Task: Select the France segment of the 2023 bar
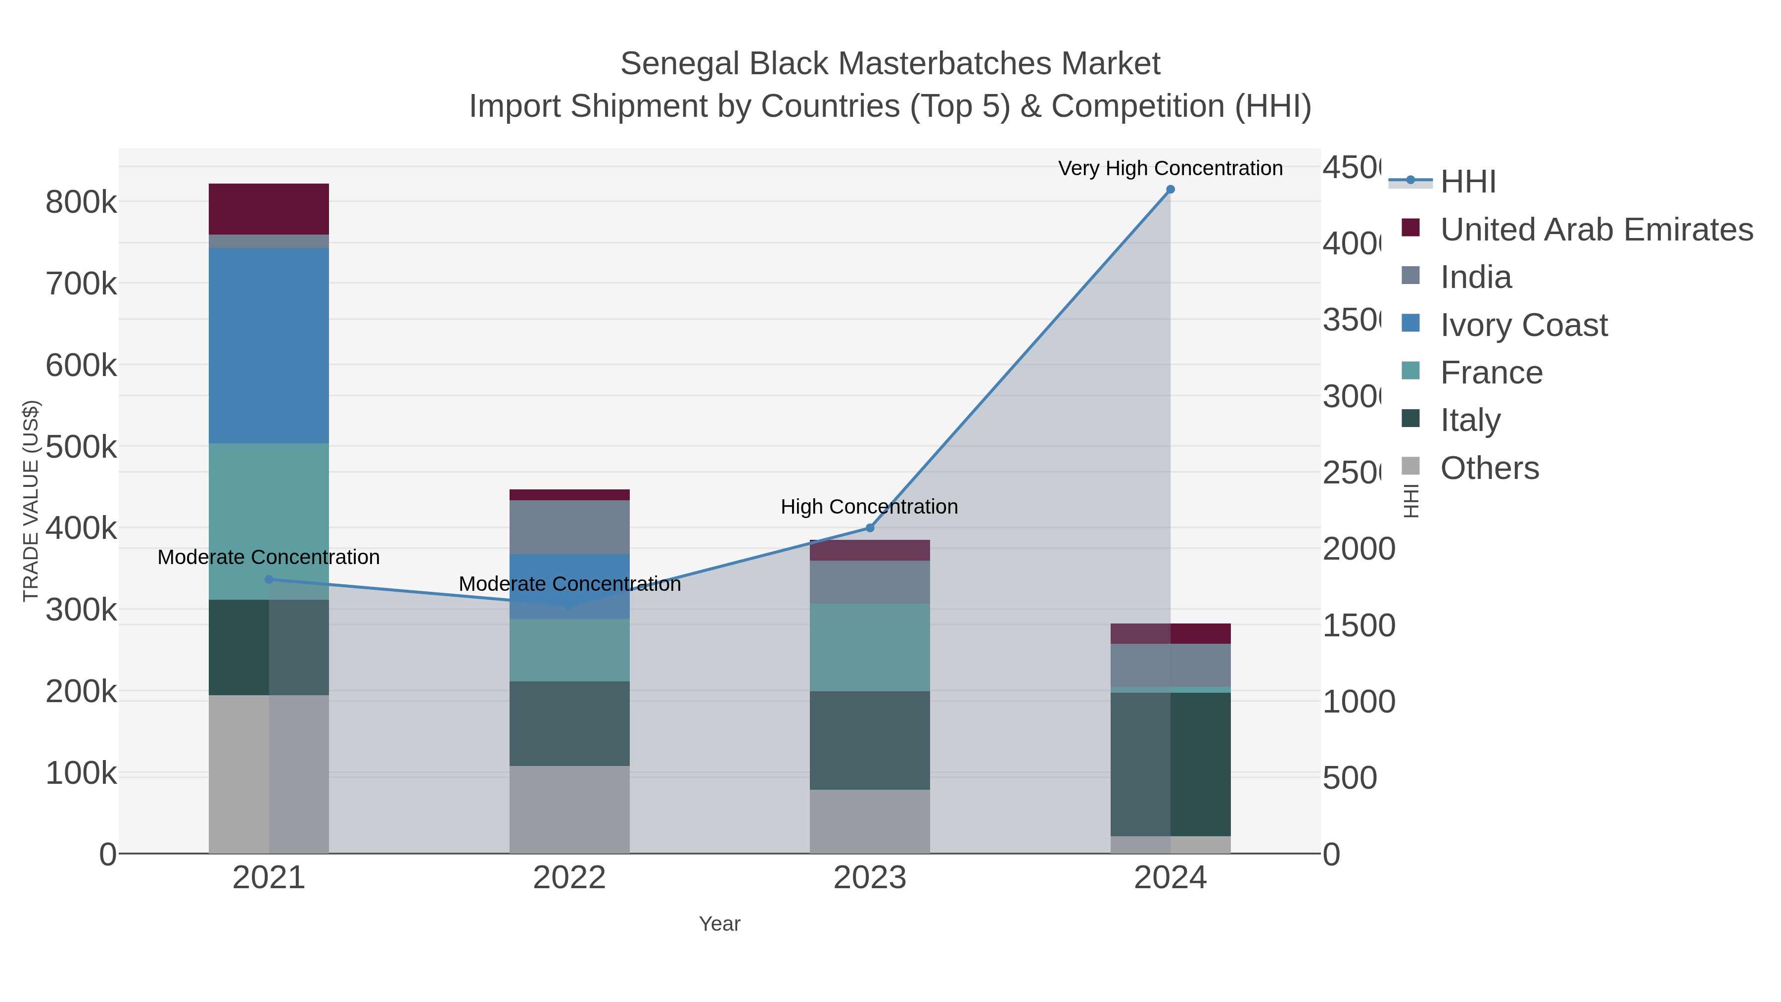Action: point(870,647)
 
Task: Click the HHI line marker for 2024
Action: point(1170,190)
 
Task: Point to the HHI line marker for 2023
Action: point(870,528)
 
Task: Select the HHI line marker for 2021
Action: point(269,579)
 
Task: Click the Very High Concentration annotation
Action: point(1170,168)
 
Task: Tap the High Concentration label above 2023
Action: point(869,506)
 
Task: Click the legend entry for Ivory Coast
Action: point(1523,325)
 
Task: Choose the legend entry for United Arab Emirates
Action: point(1595,230)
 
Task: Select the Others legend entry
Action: point(1489,468)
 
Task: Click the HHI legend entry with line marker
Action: point(1467,182)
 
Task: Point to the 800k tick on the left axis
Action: point(81,202)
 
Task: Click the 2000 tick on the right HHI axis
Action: point(1359,549)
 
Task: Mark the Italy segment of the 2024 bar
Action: point(1170,763)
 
